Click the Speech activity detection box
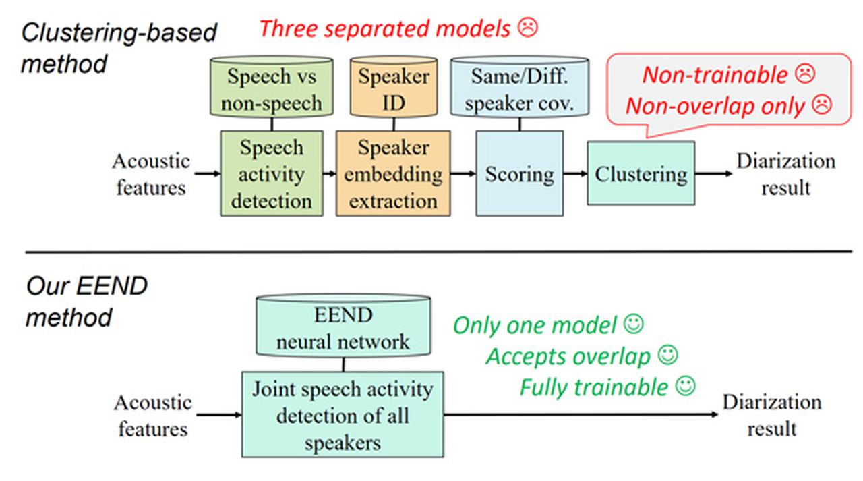point(271,173)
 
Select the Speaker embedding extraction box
point(393,173)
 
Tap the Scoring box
point(519,173)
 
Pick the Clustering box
point(641,173)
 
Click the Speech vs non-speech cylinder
point(271,89)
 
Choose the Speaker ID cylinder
point(393,89)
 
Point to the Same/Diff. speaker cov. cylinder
point(519,89)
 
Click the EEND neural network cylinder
point(343,327)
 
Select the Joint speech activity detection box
point(343,414)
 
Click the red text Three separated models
point(384,28)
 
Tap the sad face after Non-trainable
point(804,74)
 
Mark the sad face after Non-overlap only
point(821,105)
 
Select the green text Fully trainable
point(593,387)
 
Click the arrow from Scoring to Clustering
point(574,174)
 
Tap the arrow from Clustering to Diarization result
point(713,174)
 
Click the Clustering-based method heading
point(119,48)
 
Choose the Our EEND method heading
point(86,302)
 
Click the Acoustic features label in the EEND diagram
point(152,416)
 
